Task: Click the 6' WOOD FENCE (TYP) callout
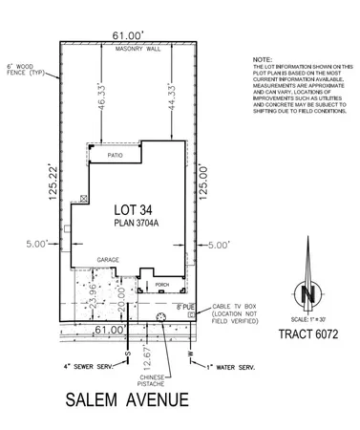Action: tap(21, 66)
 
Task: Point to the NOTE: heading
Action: tap(261, 58)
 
